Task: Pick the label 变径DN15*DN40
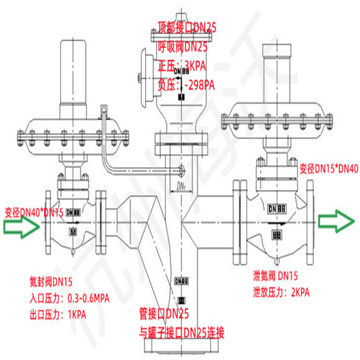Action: (x=328, y=169)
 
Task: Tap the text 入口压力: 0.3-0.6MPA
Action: (x=69, y=298)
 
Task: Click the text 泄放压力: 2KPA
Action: (x=281, y=292)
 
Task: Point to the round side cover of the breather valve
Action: (x=147, y=78)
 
